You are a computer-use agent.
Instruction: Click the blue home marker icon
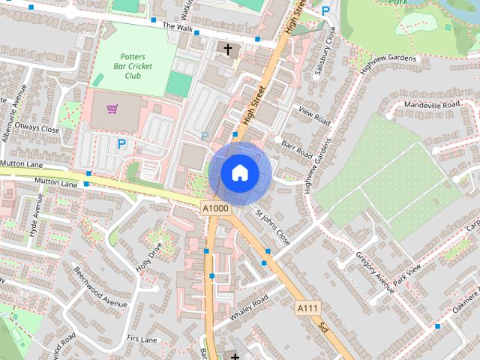(239, 172)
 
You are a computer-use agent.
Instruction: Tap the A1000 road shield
(215, 206)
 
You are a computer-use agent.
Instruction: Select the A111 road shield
(306, 307)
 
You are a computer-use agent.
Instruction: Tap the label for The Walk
(178, 27)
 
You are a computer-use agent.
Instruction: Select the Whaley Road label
(248, 308)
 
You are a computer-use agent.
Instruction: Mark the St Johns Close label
(272, 227)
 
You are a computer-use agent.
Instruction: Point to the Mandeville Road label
(428, 105)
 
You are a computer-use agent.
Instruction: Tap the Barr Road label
(297, 145)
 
